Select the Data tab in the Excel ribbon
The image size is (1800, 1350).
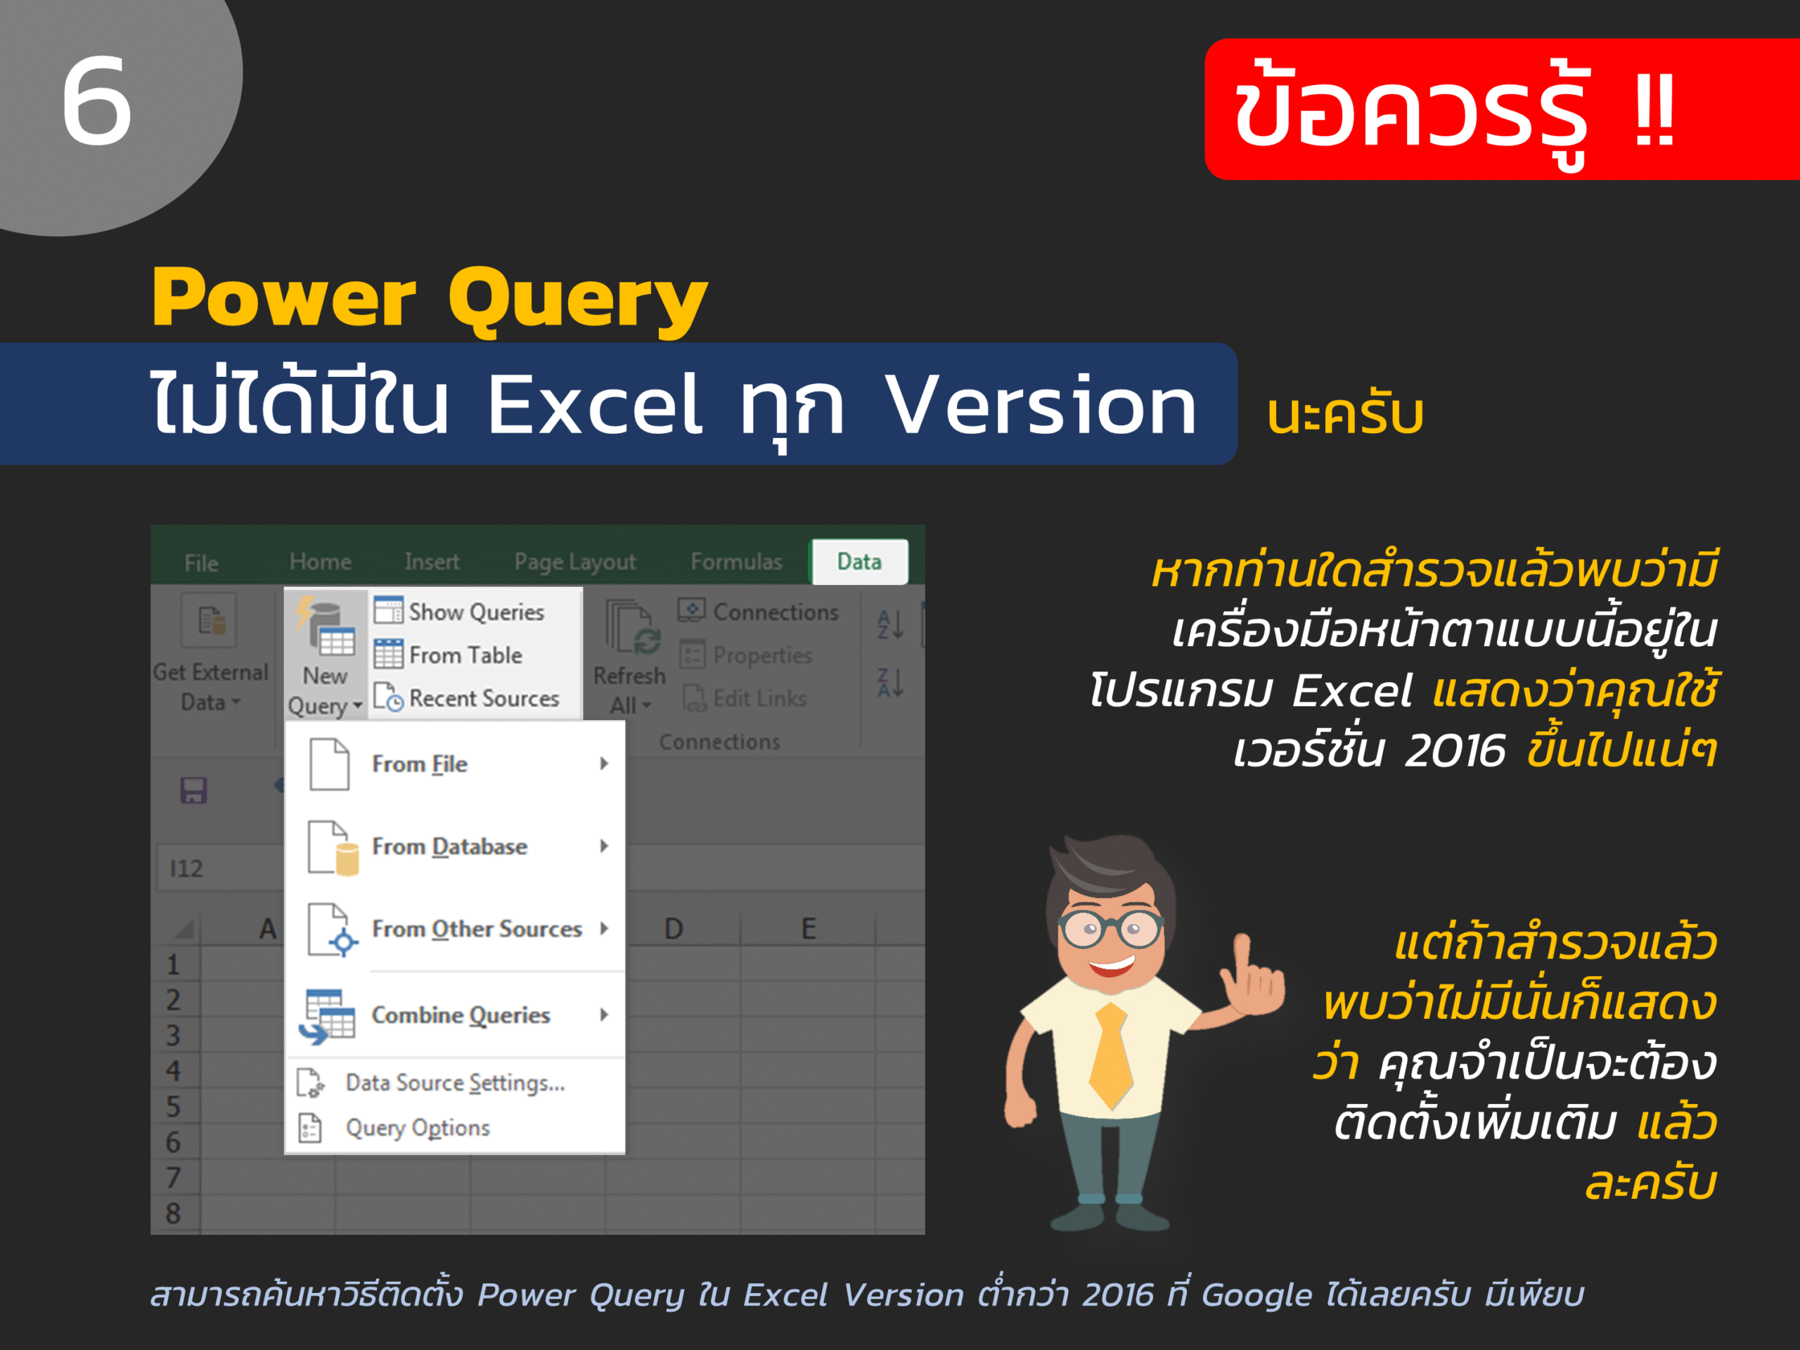(x=859, y=562)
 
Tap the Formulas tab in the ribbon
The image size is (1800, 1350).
(x=736, y=562)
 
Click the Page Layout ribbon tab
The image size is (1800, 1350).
(x=574, y=562)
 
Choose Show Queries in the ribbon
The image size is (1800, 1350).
(x=459, y=611)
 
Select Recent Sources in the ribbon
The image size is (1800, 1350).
(x=466, y=697)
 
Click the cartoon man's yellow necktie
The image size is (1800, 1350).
(x=1112, y=1056)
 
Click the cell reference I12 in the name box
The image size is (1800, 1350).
(x=186, y=868)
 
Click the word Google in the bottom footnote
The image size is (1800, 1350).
(x=1256, y=1295)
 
